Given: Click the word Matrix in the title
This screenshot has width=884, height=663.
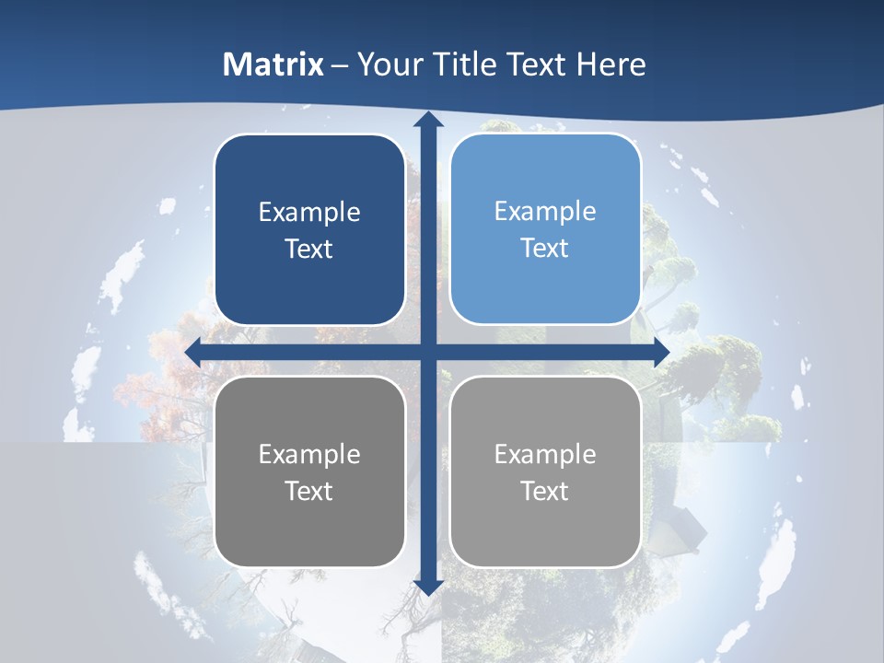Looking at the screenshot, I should pos(273,64).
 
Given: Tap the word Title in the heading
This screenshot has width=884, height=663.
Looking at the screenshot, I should pos(466,64).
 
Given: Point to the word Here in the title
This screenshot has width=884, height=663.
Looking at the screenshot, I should pos(611,64).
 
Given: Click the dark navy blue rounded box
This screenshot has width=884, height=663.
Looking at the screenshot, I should pos(309,230).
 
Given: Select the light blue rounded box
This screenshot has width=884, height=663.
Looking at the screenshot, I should pos(545,229).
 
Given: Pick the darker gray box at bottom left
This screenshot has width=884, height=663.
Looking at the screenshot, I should pos(309,471).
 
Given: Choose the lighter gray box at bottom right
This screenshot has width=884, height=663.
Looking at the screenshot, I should pos(545,471).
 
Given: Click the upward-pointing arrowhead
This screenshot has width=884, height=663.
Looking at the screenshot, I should pos(427,120).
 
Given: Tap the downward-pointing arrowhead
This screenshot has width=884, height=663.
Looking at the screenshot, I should pos(427,587).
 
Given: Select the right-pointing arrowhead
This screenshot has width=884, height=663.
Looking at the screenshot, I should pos(661,352).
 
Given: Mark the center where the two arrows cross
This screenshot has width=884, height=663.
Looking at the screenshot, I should pos(427,352).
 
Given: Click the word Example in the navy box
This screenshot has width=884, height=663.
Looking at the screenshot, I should pos(309,213).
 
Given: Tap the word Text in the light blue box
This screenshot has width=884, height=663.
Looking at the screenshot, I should pos(545,249).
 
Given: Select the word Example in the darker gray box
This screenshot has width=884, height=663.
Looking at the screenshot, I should pos(309,454).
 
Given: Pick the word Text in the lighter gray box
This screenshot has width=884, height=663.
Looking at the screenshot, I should pos(545,491).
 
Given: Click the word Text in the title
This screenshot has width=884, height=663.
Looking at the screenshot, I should pos(539,64).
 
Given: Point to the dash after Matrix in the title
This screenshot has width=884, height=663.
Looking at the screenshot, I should pos(341,65).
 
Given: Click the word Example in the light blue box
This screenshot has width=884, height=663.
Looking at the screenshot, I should pos(545,212).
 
